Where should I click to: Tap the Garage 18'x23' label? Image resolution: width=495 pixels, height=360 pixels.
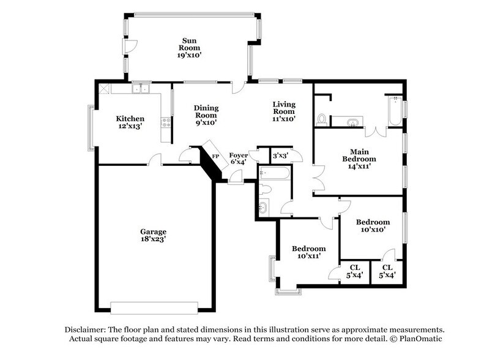coord(153,236)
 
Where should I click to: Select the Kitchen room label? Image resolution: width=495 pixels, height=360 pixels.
coord(130,122)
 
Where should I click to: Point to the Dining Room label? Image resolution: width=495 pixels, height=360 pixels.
coord(206,115)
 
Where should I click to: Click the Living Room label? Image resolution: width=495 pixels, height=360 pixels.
coord(285,111)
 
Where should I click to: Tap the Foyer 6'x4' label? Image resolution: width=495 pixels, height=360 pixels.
coord(238,159)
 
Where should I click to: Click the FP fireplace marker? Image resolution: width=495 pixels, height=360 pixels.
coord(215,156)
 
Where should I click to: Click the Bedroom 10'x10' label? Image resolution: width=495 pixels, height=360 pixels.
coord(373,226)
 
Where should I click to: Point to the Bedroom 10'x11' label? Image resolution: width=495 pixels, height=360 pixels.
coord(308,253)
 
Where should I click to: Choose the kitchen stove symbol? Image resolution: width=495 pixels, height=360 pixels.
coord(165,122)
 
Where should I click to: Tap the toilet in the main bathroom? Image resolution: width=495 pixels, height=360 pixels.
coord(322,118)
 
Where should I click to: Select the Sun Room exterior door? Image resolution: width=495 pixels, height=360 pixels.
coord(130,47)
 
